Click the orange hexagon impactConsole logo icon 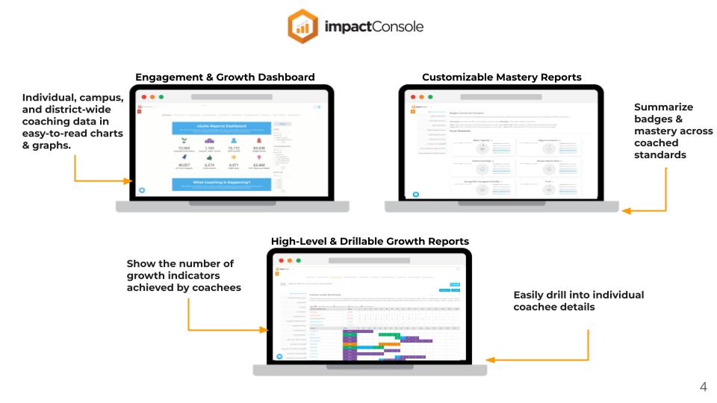[303, 27]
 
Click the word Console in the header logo [395, 27]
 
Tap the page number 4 [703, 387]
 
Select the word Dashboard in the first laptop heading [286, 77]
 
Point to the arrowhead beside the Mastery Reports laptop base [626, 211]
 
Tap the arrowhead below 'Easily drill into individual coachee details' [491, 360]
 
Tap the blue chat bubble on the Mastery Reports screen [417, 194]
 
